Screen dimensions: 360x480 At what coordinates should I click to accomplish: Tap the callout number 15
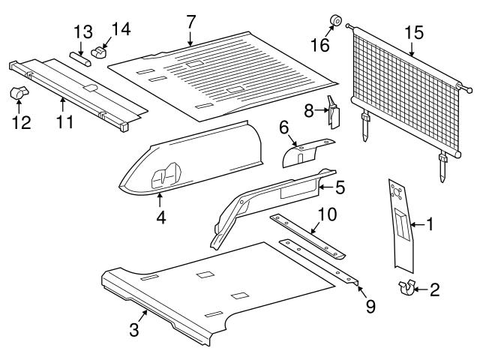[x=413, y=32]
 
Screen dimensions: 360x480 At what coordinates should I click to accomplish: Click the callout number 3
[x=133, y=328]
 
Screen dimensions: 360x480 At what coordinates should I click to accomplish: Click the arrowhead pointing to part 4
[x=160, y=195]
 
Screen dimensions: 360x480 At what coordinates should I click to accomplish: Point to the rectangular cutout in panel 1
[x=403, y=227]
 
